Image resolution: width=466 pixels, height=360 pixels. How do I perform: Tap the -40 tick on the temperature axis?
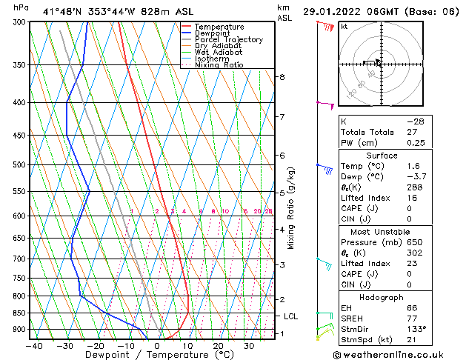(x=34, y=345)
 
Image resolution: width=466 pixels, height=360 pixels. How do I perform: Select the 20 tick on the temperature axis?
(x=218, y=345)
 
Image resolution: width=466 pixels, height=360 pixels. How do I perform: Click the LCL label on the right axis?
(x=292, y=316)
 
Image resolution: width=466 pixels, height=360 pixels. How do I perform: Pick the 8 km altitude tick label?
(x=282, y=77)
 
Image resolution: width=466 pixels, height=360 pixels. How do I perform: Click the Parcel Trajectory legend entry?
(x=228, y=39)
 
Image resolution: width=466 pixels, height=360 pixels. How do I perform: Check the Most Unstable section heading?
(x=382, y=231)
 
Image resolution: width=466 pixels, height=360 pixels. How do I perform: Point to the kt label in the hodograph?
(x=344, y=27)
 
